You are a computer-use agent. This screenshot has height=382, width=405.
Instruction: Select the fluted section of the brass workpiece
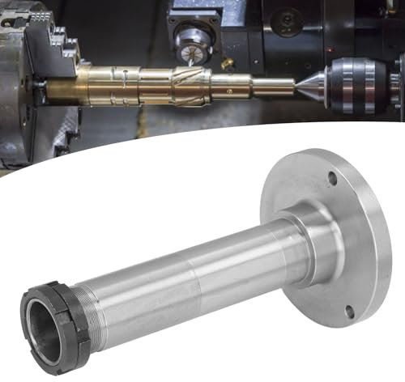(x=182, y=80)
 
